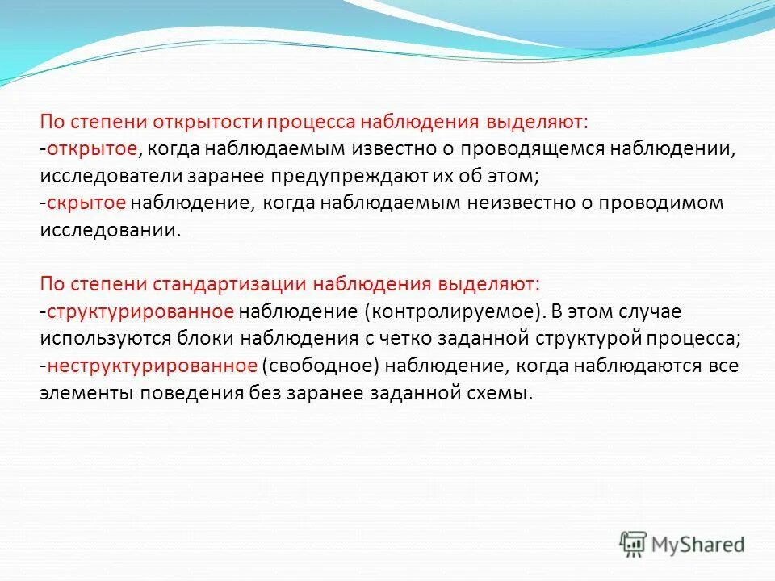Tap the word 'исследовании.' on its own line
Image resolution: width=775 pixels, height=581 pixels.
point(107,230)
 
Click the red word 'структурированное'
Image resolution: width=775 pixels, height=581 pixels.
point(140,311)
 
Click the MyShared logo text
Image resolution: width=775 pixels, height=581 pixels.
point(698,544)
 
